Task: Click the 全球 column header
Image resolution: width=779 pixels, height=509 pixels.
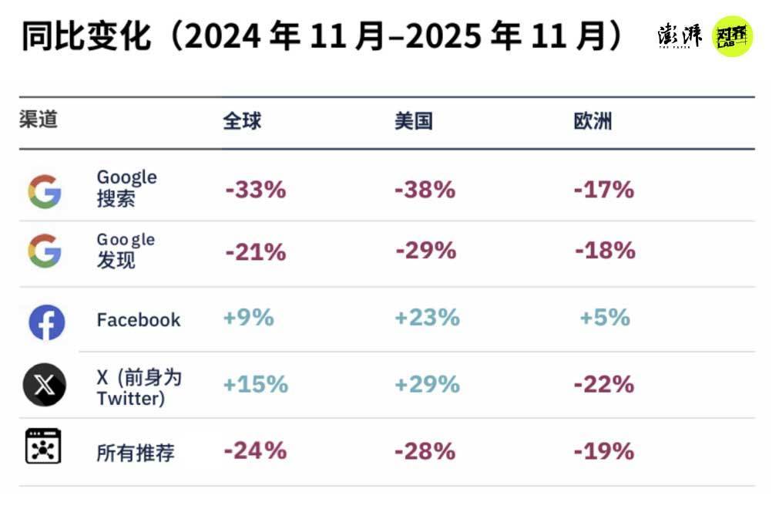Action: tap(242, 121)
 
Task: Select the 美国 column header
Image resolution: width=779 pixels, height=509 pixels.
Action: tap(413, 121)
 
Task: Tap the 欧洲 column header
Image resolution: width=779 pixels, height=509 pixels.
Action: tap(593, 121)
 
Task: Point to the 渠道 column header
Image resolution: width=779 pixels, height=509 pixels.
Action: tap(39, 120)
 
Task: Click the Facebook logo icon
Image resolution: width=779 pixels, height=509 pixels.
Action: tap(46, 322)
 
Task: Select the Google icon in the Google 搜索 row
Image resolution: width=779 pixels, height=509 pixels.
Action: tap(45, 191)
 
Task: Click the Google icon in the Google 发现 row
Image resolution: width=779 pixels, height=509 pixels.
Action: tap(45, 251)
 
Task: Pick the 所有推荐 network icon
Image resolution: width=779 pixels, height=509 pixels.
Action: tap(43, 447)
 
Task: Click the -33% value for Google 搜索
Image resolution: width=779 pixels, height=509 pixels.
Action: tap(255, 190)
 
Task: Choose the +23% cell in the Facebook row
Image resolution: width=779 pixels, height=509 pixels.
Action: tap(427, 318)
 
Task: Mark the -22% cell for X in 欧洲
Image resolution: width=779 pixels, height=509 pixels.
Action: tap(604, 384)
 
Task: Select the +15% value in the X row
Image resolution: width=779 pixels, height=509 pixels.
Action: tap(255, 384)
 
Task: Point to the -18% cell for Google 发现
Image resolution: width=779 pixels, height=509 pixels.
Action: tap(604, 251)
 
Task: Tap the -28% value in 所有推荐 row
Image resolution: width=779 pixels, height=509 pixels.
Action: tap(425, 451)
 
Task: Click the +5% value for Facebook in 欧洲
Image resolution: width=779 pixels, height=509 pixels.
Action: tap(605, 318)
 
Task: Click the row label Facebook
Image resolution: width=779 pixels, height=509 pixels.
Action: tap(138, 320)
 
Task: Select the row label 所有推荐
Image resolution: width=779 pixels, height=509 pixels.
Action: tap(135, 453)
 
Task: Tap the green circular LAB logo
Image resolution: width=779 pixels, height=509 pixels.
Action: tap(731, 36)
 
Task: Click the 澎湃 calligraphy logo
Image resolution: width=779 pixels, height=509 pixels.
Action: tap(680, 35)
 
